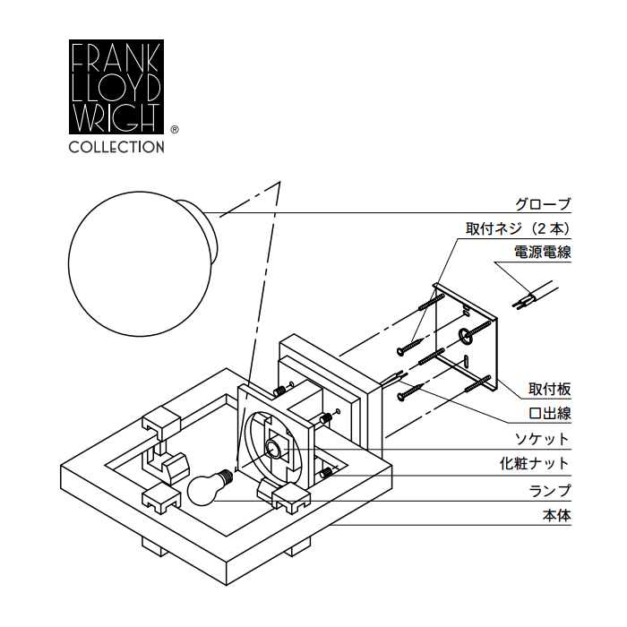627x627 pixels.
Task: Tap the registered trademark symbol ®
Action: click(174, 129)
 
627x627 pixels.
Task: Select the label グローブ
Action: click(542, 204)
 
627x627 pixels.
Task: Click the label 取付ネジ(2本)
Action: click(518, 228)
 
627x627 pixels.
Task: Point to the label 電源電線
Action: click(542, 253)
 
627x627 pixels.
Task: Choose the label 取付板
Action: click(549, 390)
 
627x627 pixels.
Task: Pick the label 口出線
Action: click(549, 414)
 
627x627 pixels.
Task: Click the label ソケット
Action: click(543, 439)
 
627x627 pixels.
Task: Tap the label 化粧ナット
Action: click(535, 464)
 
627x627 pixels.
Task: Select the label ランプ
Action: click(549, 490)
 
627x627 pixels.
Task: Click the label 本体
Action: click(555, 515)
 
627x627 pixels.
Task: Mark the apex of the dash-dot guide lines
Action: click(280, 183)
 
